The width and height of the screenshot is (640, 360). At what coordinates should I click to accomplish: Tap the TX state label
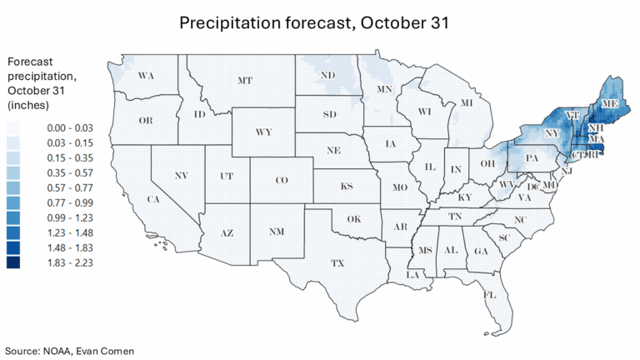coord(337,263)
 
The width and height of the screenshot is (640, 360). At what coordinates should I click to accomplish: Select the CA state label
coord(153,199)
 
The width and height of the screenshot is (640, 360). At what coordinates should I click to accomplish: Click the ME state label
coord(611,102)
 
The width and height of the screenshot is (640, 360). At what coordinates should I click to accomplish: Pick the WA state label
coord(147,77)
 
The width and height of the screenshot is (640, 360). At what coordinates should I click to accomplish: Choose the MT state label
coord(245,81)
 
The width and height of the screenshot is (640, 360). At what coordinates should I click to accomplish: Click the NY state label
coord(550,133)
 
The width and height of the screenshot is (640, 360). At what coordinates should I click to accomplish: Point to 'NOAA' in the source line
coord(63,350)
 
